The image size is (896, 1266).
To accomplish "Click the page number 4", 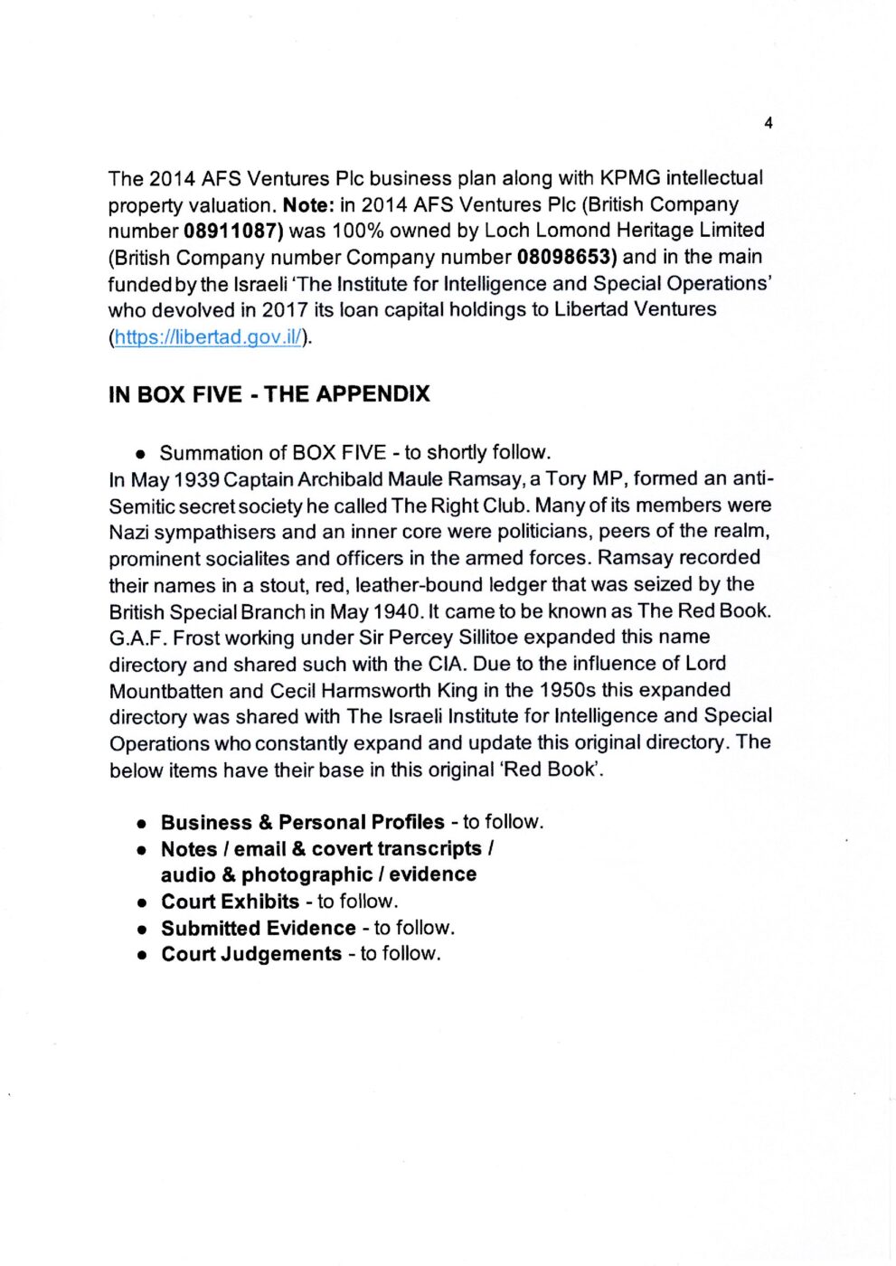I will click(x=768, y=123).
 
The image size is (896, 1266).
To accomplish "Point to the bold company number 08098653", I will click(x=567, y=257).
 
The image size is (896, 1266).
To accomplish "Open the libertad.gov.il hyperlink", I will click(x=209, y=337).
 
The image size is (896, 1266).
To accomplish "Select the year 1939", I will click(x=196, y=479).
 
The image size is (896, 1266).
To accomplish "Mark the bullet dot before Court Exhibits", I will click(x=142, y=903).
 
